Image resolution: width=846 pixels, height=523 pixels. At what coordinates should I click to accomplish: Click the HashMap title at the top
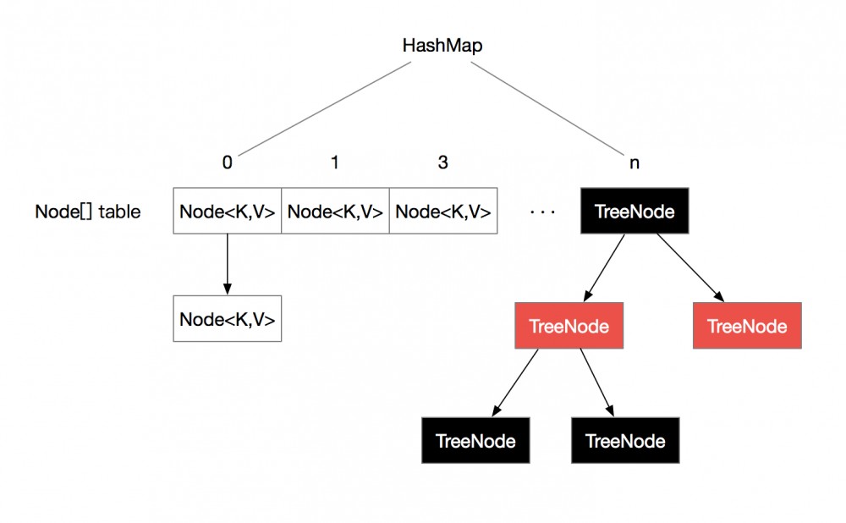click(442, 46)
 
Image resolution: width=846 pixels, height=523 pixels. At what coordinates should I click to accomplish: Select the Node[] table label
click(87, 212)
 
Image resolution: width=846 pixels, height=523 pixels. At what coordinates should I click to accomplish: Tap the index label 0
click(227, 162)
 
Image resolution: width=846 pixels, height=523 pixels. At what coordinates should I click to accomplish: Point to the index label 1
click(335, 162)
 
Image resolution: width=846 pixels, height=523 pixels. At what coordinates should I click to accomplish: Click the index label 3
click(442, 162)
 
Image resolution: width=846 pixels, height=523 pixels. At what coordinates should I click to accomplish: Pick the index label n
click(634, 162)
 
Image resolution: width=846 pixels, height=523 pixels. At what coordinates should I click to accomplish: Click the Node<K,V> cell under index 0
click(227, 212)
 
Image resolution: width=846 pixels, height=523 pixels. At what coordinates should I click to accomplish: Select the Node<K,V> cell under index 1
click(335, 212)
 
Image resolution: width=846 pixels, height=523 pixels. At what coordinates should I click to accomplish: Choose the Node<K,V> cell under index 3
click(442, 212)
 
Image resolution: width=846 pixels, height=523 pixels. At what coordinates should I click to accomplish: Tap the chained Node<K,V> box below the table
click(227, 319)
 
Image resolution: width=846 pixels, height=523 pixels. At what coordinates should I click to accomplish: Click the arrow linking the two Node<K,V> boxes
click(227, 264)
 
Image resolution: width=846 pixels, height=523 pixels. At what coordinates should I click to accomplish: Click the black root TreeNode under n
click(634, 211)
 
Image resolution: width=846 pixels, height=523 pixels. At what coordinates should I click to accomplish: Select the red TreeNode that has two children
click(569, 326)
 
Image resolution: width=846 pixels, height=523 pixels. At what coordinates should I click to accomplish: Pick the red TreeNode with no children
click(746, 326)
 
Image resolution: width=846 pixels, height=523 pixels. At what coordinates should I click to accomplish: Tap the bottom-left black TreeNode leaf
click(475, 440)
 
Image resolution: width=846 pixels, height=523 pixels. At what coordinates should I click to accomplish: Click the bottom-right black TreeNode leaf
click(625, 440)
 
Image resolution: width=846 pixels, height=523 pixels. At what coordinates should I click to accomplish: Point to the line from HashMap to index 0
click(321, 108)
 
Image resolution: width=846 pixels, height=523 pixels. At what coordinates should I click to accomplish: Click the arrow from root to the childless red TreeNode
click(689, 267)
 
